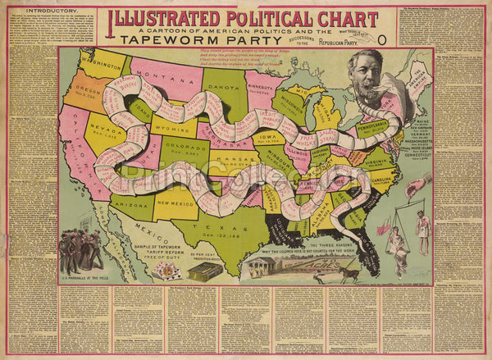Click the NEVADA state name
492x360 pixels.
[x=106, y=130]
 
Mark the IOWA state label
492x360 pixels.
[x=268, y=132]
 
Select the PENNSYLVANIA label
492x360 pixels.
[x=371, y=125]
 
